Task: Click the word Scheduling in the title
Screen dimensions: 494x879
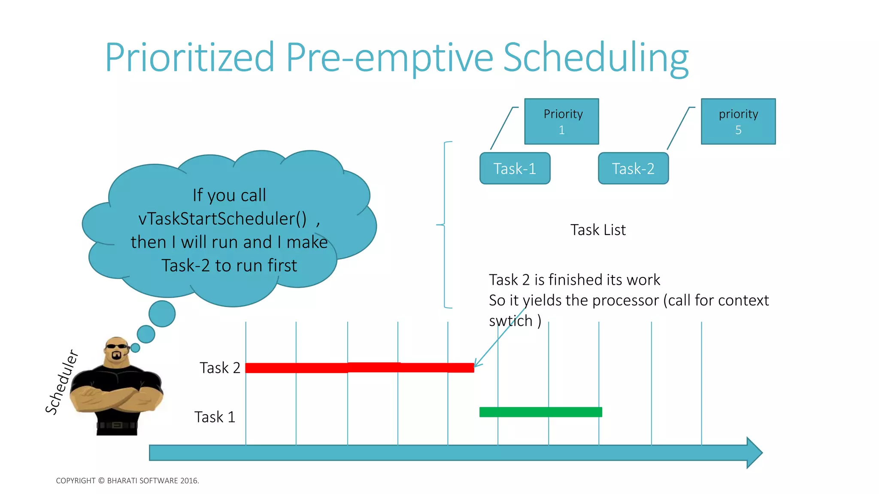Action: pyautogui.click(x=596, y=58)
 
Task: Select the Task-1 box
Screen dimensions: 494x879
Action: pyautogui.click(x=515, y=169)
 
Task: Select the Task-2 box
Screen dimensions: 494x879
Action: pyautogui.click(x=633, y=169)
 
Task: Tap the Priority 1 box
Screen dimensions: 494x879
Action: pyautogui.click(x=561, y=121)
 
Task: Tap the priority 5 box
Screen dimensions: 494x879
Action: pyautogui.click(x=738, y=121)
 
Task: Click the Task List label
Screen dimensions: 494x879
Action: pyautogui.click(x=598, y=230)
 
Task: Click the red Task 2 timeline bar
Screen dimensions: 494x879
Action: pyautogui.click(x=360, y=367)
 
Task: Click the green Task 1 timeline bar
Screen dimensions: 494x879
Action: pyautogui.click(x=540, y=412)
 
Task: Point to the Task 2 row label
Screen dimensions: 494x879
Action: pyautogui.click(x=220, y=368)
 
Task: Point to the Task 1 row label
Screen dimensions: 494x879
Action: pyautogui.click(x=215, y=417)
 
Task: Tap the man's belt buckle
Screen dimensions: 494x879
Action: pyautogui.click(x=117, y=425)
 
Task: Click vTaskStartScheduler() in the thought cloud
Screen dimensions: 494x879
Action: pyautogui.click(x=222, y=219)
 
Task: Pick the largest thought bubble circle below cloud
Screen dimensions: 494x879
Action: pyautogui.click(x=162, y=313)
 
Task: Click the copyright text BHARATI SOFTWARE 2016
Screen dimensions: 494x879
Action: pyautogui.click(x=152, y=481)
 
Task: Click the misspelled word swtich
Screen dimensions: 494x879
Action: pyautogui.click(x=510, y=321)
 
